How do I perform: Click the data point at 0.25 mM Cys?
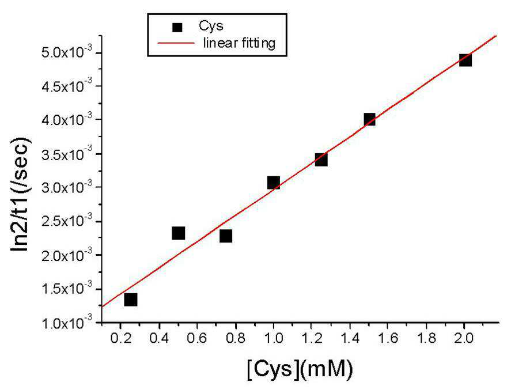click(130, 300)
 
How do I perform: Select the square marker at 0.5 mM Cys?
click(178, 233)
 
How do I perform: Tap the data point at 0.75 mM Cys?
click(226, 236)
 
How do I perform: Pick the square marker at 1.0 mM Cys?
click(274, 183)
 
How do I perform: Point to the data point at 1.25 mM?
click(321, 160)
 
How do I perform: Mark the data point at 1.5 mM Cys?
click(369, 119)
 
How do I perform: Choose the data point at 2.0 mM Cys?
click(465, 60)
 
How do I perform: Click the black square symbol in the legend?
click(177, 28)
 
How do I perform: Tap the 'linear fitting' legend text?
click(239, 43)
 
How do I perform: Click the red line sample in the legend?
click(176, 43)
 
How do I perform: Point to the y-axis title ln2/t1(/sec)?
click(21, 195)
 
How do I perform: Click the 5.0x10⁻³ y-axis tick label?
click(67, 51)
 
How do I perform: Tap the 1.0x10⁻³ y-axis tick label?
click(67, 323)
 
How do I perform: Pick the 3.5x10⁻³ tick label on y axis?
click(67, 153)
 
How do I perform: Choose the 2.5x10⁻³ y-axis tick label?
click(67, 221)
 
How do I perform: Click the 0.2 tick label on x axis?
click(120, 339)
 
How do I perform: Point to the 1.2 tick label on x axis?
click(312, 339)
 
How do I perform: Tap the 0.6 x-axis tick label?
click(197, 339)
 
